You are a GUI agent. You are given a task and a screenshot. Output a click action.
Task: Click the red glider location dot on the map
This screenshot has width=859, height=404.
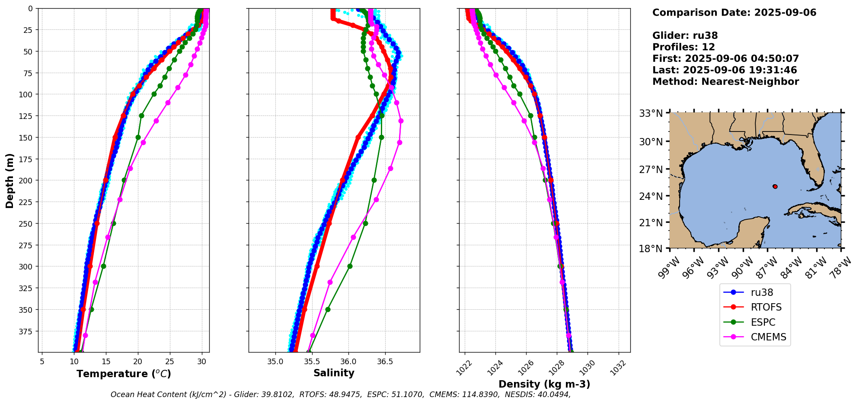click(775, 186)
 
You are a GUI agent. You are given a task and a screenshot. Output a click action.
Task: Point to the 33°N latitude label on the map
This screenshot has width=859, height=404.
click(651, 114)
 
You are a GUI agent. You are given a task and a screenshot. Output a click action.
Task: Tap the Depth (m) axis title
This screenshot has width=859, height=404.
click(10, 180)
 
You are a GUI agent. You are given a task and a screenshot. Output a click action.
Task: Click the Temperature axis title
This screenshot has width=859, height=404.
click(124, 374)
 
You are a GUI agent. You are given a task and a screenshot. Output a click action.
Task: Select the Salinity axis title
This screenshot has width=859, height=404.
click(334, 373)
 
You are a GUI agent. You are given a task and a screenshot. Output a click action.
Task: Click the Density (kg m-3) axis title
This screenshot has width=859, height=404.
click(544, 384)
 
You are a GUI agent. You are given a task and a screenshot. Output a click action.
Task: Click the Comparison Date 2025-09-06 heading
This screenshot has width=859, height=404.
click(734, 13)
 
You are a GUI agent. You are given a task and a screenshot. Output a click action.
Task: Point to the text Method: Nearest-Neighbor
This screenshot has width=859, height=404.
click(725, 82)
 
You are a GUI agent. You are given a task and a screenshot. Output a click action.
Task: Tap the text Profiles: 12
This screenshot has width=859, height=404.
click(683, 47)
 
